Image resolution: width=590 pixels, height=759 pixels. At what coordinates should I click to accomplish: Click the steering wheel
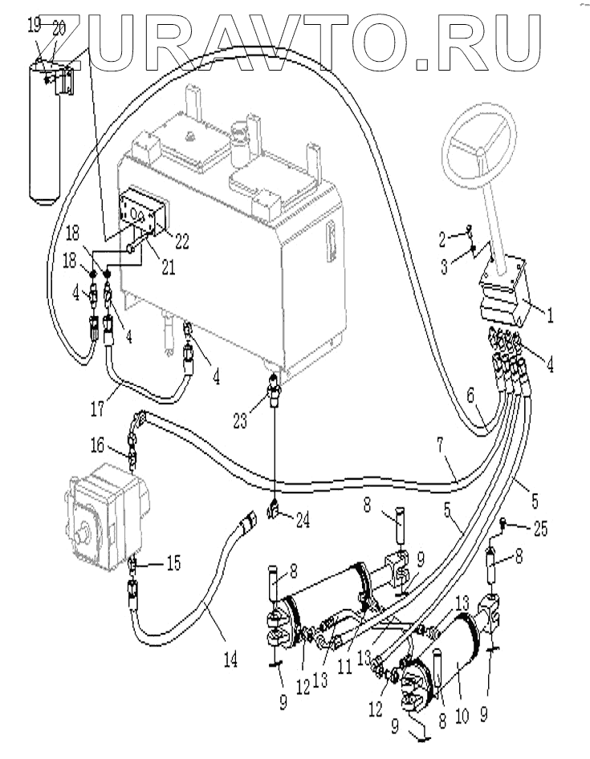point(480,141)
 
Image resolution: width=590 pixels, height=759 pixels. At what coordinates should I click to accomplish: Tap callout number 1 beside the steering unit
point(549,315)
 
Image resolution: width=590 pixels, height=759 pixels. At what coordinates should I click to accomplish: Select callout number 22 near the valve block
point(181,241)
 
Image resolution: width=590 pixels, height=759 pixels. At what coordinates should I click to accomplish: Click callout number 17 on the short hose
point(97,408)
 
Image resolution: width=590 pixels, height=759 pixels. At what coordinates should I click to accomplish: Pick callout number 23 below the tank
point(239,420)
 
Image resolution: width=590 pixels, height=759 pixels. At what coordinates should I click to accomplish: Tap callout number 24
point(303,520)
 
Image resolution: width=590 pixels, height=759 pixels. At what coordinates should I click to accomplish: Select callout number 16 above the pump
point(97,444)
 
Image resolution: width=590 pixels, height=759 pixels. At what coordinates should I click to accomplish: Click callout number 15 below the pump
point(173,562)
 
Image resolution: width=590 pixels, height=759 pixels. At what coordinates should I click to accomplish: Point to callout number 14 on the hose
point(230,659)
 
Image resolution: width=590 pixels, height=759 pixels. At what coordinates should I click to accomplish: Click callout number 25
point(539,529)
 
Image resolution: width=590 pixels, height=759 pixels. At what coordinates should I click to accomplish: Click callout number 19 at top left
point(34,25)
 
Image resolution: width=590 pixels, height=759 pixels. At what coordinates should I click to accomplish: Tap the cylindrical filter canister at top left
point(45,130)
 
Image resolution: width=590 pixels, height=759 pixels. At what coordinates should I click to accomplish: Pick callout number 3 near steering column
point(444,266)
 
